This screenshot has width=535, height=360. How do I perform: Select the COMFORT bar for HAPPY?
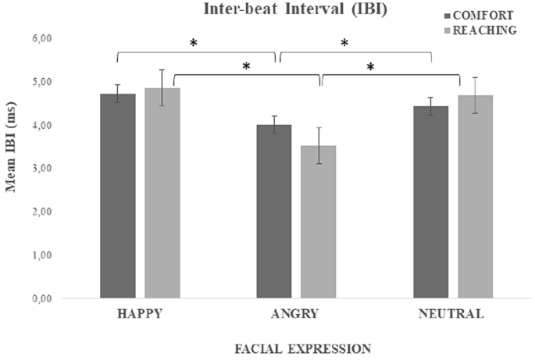[117, 195]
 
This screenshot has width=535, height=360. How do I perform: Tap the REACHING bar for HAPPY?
[162, 192]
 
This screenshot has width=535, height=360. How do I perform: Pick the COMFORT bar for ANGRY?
[274, 211]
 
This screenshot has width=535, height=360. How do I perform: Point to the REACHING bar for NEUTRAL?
[475, 196]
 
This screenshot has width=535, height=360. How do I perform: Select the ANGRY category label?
[296, 314]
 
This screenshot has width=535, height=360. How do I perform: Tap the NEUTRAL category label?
[452, 314]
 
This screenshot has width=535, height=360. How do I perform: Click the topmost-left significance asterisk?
[194, 44]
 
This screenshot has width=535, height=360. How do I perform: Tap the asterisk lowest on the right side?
[371, 67]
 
